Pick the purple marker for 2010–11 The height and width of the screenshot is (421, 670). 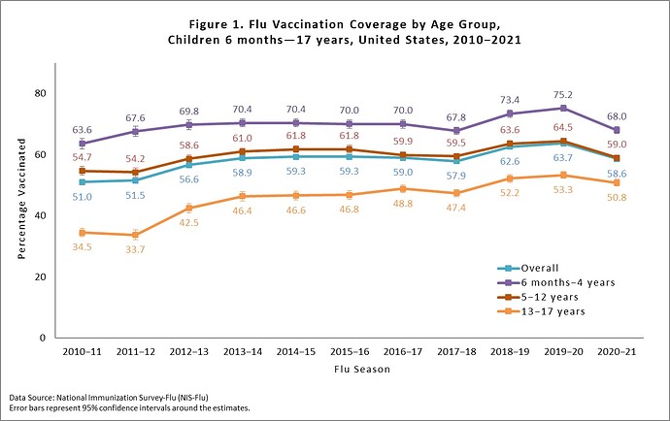point(82,144)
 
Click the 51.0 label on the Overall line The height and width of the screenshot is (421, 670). point(82,197)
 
